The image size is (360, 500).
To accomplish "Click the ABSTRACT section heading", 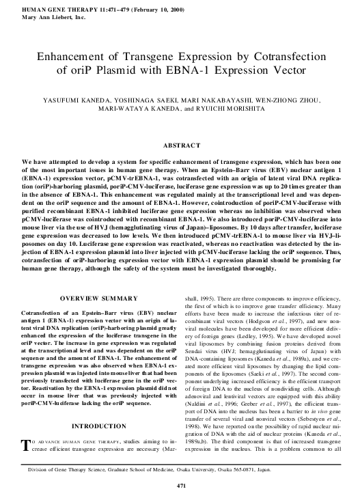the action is [180, 145].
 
